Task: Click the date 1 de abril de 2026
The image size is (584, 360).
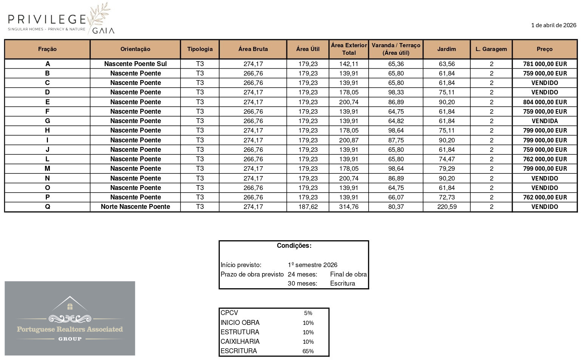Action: [553, 25]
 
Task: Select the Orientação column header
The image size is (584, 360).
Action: [135, 49]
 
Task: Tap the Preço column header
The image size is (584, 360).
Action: [544, 49]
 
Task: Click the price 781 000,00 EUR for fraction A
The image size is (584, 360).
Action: [545, 64]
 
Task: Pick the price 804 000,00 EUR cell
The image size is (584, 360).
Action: [545, 102]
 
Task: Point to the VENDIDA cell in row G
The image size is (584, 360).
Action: [545, 121]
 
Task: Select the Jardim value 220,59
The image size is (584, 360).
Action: [446, 207]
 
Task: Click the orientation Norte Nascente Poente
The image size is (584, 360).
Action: [135, 207]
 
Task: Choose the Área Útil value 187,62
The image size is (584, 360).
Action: [308, 207]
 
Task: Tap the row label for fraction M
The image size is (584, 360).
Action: [47, 168]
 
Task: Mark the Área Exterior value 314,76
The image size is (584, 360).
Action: [349, 207]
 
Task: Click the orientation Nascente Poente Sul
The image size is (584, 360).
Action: [135, 64]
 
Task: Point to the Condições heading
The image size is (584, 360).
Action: [294, 246]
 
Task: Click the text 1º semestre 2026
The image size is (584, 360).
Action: [312, 265]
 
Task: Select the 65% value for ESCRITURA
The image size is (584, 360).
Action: [308, 351]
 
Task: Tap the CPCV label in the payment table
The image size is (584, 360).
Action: [229, 313]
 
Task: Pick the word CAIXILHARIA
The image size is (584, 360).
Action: [240, 341]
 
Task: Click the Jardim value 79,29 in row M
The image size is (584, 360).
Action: [446, 168]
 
